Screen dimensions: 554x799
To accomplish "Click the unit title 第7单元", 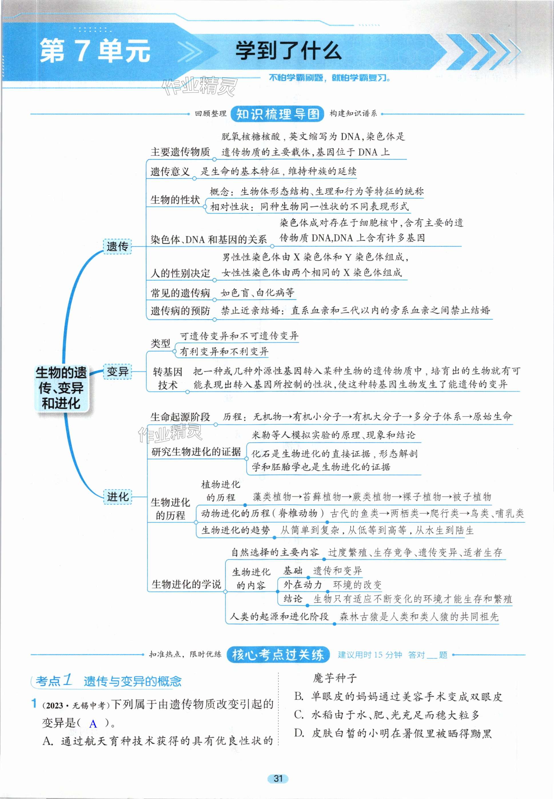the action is tap(95, 51).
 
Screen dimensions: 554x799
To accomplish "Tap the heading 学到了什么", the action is tap(288, 51).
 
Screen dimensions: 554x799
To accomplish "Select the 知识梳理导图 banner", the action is tap(277, 114).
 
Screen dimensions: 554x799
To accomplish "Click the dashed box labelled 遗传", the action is tap(117, 247).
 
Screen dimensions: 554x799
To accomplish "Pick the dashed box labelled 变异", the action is tap(117, 372).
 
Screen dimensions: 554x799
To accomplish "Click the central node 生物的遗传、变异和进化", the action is tap(61, 388).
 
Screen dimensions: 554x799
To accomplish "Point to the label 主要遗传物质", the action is tap(180, 152).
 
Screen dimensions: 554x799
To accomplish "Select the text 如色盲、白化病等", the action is tap(257, 293).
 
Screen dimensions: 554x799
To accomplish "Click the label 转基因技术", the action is tap(168, 378).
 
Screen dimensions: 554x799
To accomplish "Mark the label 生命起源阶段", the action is tap(180, 417).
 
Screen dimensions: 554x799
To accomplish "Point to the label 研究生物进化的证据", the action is tap(196, 452).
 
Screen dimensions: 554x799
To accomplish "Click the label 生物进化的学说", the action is tap(186, 584).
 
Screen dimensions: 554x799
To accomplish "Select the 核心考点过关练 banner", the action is tap(278, 655).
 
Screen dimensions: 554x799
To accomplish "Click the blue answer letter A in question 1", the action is tap(93, 724).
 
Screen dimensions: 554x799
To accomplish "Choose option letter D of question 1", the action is tap(299, 733).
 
